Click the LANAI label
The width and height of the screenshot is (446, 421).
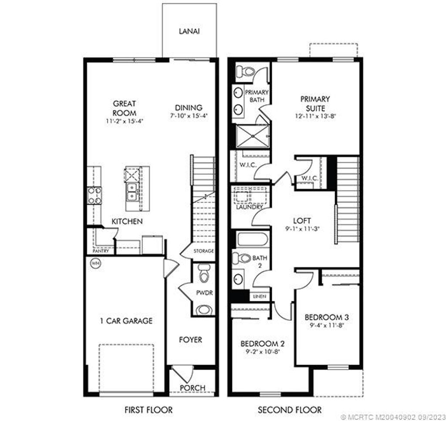pos(189,31)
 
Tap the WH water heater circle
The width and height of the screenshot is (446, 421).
pos(95,263)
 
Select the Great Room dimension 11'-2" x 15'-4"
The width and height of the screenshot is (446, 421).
pos(125,121)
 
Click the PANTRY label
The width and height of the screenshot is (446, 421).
pos(101,251)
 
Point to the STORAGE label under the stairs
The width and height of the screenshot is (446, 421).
pos(203,251)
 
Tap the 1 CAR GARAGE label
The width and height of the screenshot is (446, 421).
pos(126,321)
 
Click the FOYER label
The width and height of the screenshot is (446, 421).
pos(191,339)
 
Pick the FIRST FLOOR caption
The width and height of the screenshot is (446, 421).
pos(149,410)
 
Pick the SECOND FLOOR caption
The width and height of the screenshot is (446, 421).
pos(290,410)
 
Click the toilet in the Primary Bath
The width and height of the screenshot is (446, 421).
pos(246,71)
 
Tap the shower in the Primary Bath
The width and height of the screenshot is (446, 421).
pos(253,136)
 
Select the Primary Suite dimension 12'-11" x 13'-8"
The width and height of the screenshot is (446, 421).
pos(315,116)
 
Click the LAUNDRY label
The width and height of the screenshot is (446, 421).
pos(250,207)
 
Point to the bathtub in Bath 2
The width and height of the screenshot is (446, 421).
pos(252,240)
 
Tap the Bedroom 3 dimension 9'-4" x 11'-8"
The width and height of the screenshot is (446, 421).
pos(327,325)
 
